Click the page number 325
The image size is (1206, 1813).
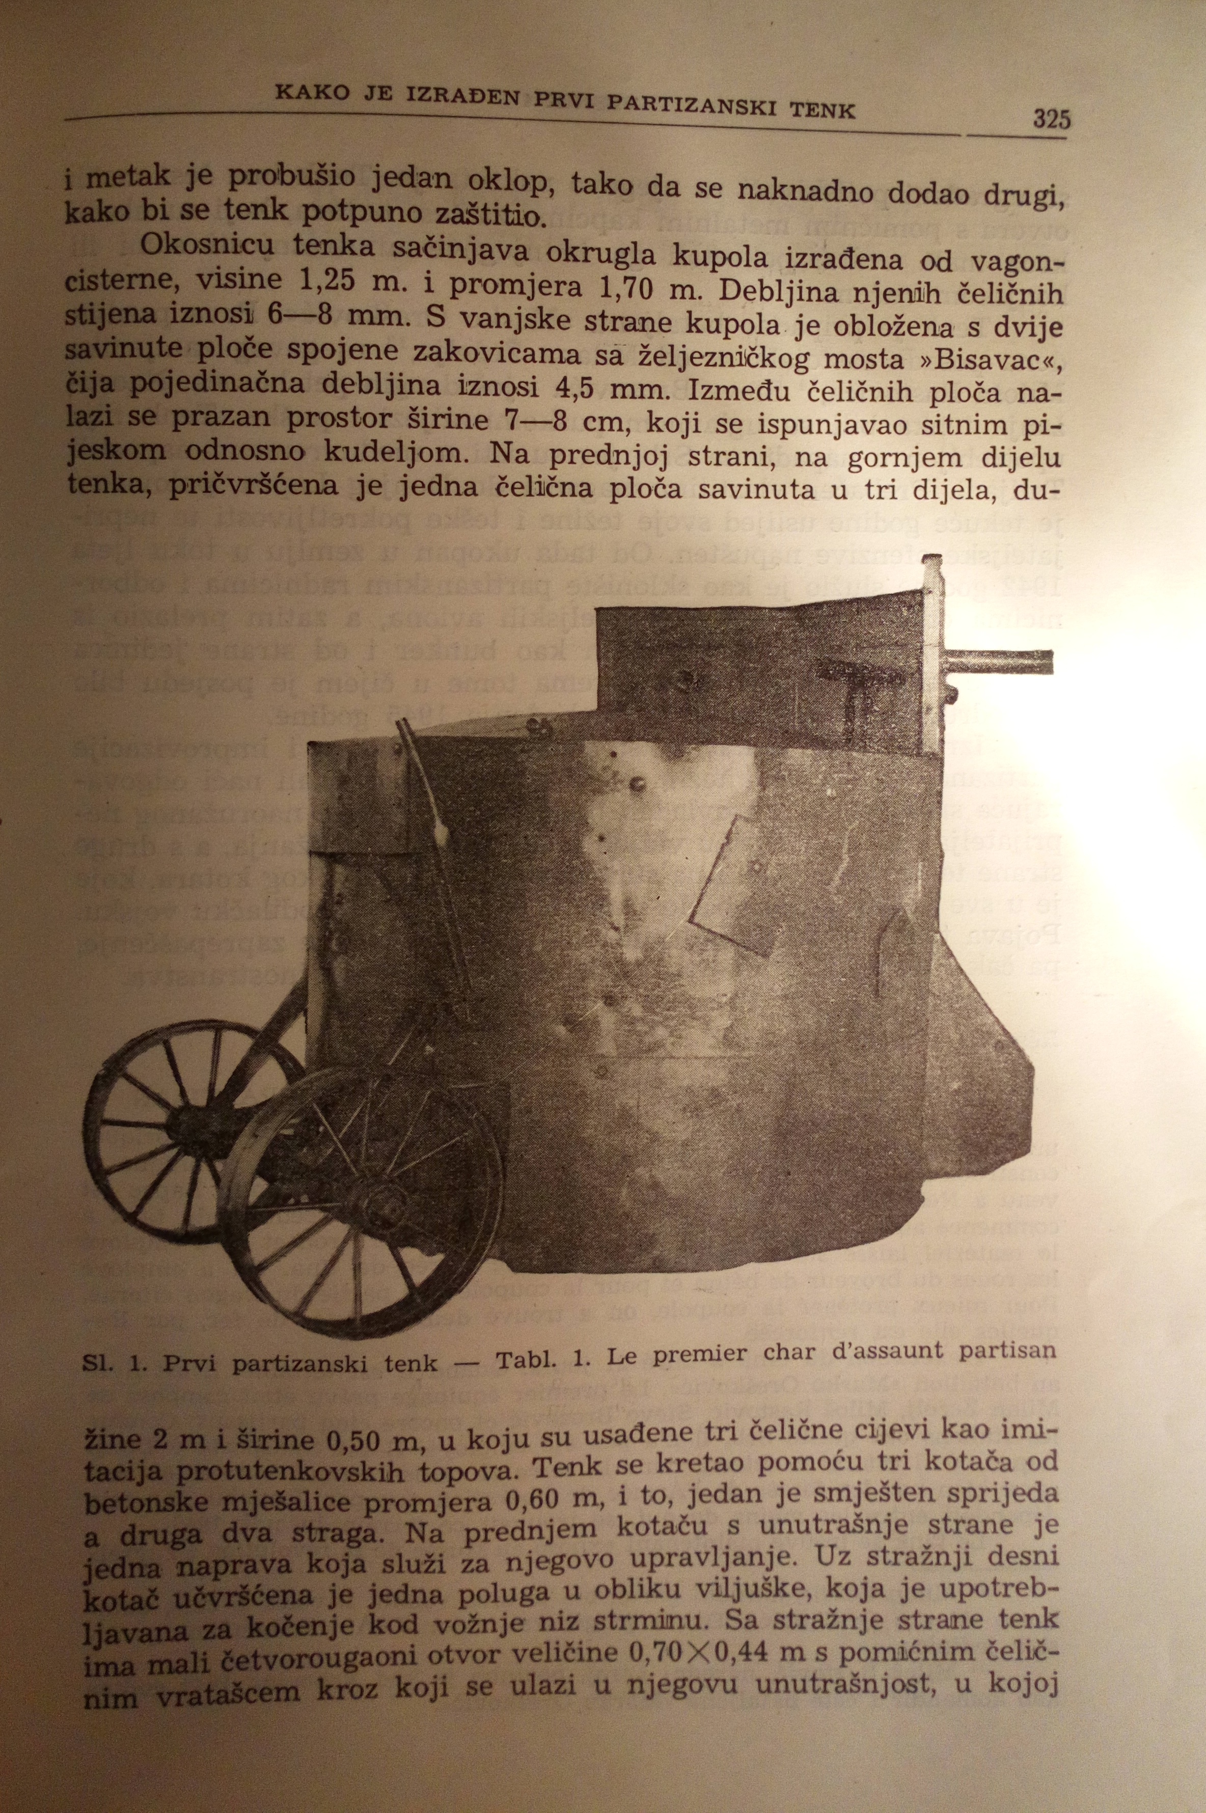click(x=1051, y=119)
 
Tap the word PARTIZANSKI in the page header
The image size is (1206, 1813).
click(x=698, y=106)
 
